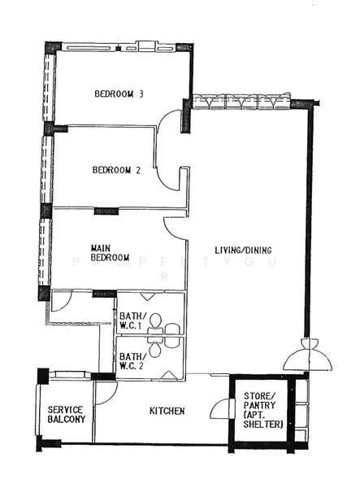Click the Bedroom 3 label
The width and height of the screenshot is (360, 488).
pos(119,94)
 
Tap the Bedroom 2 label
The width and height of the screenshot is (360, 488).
pos(116,170)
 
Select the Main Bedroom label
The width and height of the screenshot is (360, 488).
pos(110,253)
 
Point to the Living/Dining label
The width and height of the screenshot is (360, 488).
pos(244,250)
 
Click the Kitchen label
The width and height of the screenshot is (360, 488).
pos(167,411)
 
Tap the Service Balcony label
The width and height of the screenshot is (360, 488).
pos(66,414)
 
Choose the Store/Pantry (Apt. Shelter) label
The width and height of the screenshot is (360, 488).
pos(263,410)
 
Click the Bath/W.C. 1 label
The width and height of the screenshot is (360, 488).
pos(132,321)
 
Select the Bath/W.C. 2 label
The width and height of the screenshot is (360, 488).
pos(132,361)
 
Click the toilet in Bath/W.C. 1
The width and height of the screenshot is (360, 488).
pos(155,322)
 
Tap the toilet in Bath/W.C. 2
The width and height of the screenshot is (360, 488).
pos(155,348)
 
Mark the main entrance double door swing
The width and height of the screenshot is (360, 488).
pos(307,355)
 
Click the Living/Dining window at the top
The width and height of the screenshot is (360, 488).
pos(241,101)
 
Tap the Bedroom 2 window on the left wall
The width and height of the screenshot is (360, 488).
pos(47,169)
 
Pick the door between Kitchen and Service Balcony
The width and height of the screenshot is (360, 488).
pos(106,393)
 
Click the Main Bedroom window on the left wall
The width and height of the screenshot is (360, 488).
pos(45,251)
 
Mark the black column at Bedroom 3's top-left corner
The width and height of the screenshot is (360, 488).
pos(53,47)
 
